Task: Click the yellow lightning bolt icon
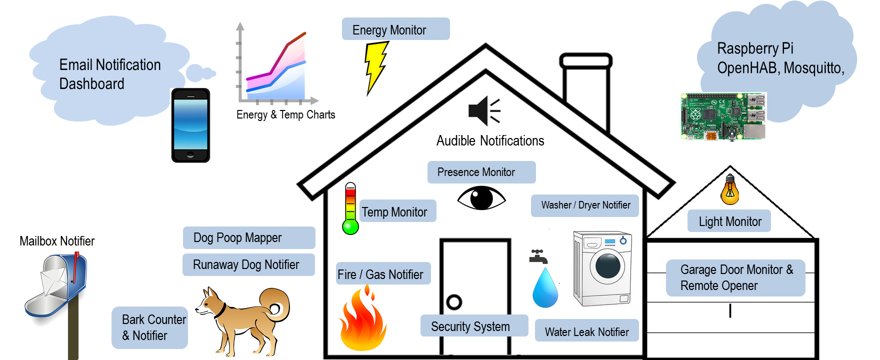pyautogui.click(x=376, y=67)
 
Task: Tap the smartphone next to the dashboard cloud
pyautogui.click(x=190, y=125)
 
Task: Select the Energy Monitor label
pyautogui.click(x=395, y=29)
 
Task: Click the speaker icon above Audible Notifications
pyautogui.click(x=483, y=110)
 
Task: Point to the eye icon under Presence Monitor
pyautogui.click(x=481, y=198)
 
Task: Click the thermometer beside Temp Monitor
pyautogui.click(x=350, y=208)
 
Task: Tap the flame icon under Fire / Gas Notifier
pyautogui.click(x=363, y=320)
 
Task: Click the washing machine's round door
pyautogui.click(x=607, y=265)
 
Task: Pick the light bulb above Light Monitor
pyautogui.click(x=730, y=190)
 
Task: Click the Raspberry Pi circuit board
pyautogui.click(x=723, y=116)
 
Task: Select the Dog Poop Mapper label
pyautogui.click(x=248, y=237)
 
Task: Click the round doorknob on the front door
pyautogui.click(x=454, y=301)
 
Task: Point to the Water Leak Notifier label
pyautogui.click(x=586, y=331)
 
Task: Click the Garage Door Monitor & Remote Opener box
pyautogui.click(x=735, y=278)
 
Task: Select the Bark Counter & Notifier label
pyautogui.click(x=149, y=327)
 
